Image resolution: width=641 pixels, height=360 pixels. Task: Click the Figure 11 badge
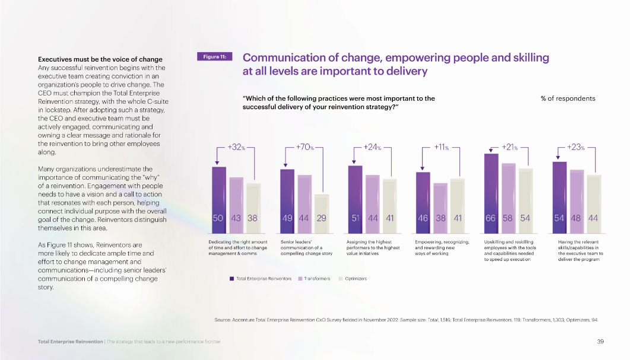[x=214, y=57]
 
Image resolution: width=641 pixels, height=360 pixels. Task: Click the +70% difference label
[x=304, y=147]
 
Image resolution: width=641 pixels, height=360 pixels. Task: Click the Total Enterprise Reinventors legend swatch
[x=231, y=279]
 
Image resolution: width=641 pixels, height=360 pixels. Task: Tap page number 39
[x=600, y=342]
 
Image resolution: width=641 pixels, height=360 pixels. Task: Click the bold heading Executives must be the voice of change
[x=100, y=59]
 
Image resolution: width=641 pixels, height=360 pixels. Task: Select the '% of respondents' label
[x=567, y=98]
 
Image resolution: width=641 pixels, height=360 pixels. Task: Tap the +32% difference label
[x=237, y=147]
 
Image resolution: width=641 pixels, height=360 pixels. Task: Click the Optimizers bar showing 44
[x=592, y=202]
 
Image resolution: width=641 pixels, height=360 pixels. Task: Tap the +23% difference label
[x=576, y=147]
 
